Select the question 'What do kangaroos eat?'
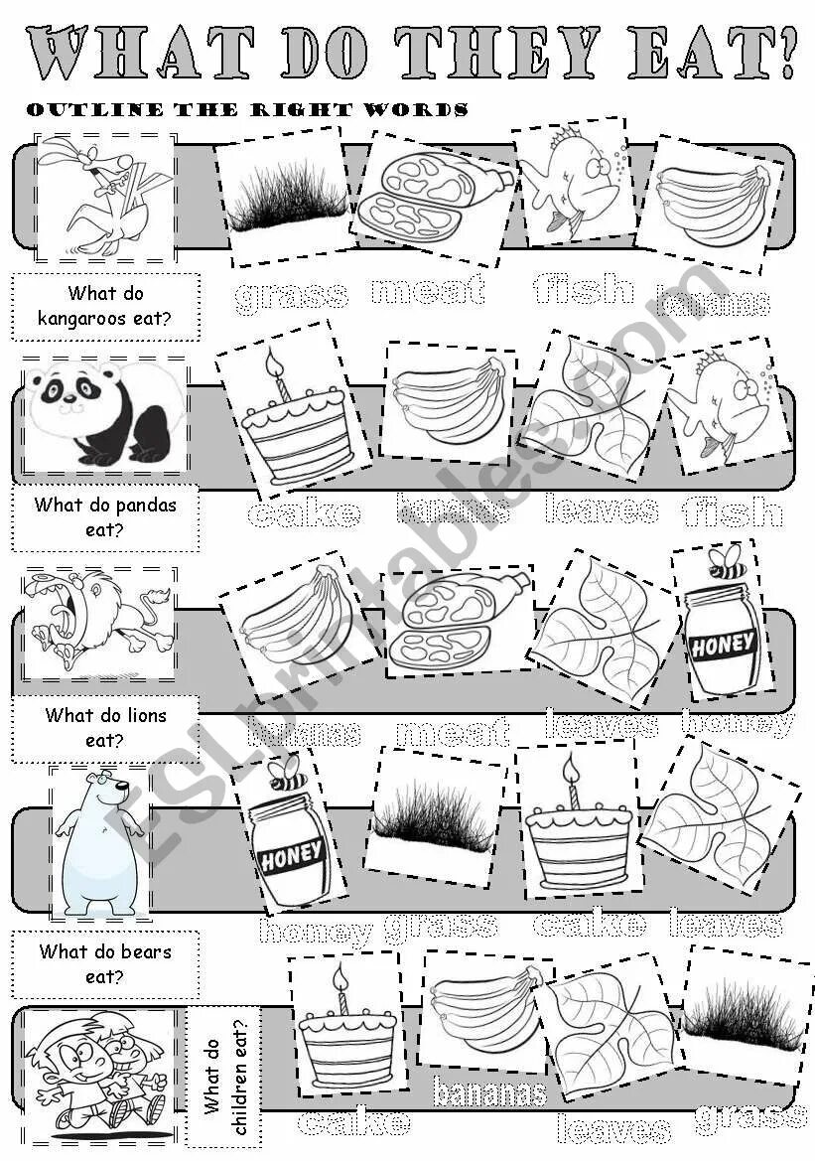pyautogui.click(x=105, y=306)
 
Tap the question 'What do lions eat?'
pyautogui.click(x=105, y=727)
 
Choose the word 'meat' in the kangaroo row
pyautogui.click(x=428, y=290)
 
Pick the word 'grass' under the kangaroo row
pyautogui.click(x=292, y=294)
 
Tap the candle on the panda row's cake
pyautogui.click(x=279, y=374)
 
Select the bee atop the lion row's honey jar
pyautogui.click(x=727, y=562)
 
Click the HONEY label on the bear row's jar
pyautogui.click(x=290, y=853)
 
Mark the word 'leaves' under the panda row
pyautogui.click(x=602, y=509)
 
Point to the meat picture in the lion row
pyautogui.click(x=459, y=620)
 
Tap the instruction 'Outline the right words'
pyautogui.click(x=247, y=109)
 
